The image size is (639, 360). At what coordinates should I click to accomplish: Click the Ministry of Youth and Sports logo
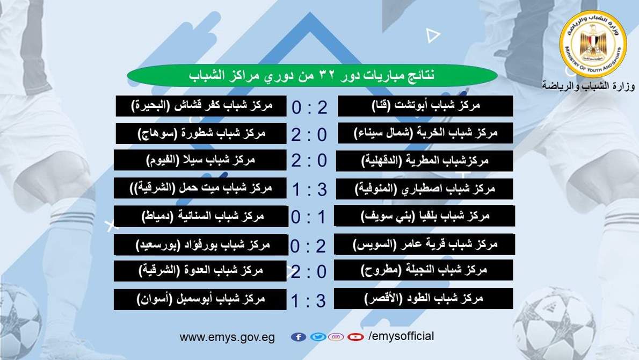[593, 44]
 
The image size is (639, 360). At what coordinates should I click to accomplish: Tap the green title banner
[312, 75]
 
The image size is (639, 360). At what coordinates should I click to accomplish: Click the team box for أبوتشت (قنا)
[425, 106]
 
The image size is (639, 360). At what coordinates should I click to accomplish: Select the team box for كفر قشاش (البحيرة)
[201, 106]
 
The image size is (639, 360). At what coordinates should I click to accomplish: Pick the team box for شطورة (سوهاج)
[201, 133]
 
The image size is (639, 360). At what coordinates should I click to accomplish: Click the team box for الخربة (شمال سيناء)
[425, 133]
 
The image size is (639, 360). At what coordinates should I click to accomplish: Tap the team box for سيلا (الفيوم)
[200, 160]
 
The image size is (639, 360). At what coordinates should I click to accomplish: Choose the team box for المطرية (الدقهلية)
[425, 161]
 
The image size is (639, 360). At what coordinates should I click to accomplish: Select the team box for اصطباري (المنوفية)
[425, 189]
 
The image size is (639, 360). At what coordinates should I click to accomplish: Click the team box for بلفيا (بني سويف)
[425, 215]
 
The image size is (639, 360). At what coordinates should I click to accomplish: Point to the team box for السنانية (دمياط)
[201, 216]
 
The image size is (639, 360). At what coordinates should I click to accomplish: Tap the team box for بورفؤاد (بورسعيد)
[201, 244]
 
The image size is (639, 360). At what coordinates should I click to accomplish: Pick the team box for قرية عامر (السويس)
[425, 244]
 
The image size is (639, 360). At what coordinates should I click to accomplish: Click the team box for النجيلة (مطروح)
[424, 270]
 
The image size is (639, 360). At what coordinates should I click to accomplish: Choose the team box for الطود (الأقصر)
[424, 298]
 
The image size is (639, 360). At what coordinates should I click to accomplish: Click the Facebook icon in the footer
[299, 337]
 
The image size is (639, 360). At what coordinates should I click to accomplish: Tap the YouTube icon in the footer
[355, 337]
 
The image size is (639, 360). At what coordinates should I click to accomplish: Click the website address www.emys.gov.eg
[227, 337]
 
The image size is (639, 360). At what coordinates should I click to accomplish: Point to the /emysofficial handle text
[401, 336]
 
